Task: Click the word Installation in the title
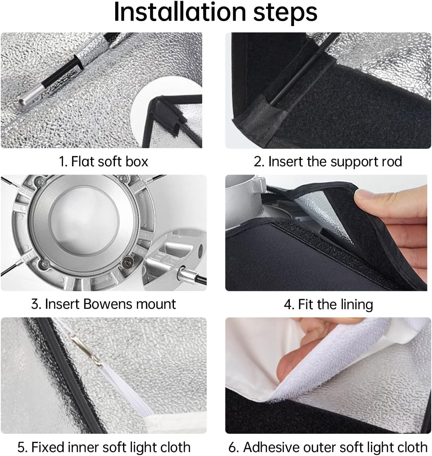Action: pyautogui.click(x=180, y=12)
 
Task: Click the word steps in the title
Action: pyautogui.click(x=286, y=13)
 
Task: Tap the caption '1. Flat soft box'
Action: pyautogui.click(x=104, y=161)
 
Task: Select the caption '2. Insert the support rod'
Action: pyautogui.click(x=328, y=162)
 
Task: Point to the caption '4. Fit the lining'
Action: pyautogui.click(x=328, y=305)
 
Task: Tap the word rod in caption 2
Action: pyautogui.click(x=393, y=161)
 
